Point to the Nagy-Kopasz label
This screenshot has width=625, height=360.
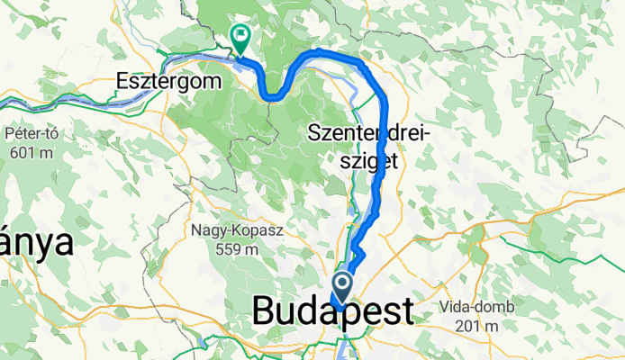(x=236, y=230)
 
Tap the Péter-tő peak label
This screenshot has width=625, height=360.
(x=32, y=134)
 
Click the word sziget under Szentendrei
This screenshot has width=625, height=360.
(x=370, y=162)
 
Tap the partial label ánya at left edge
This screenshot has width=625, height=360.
(x=36, y=243)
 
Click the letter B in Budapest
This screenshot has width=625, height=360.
(x=264, y=311)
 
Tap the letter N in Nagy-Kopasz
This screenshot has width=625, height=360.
(x=195, y=230)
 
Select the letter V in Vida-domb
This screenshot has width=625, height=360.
(x=445, y=307)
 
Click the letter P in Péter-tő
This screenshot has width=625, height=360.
(x=9, y=134)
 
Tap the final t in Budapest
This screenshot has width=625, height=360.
(x=406, y=311)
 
